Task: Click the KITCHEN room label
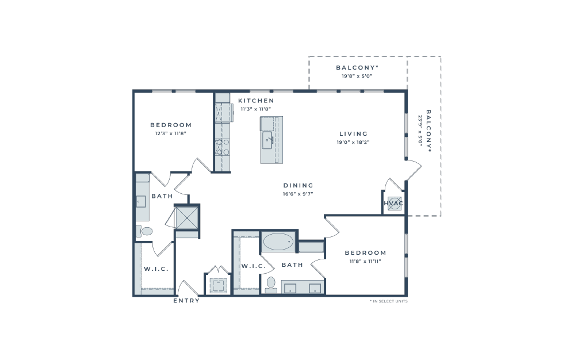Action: pos(256,101)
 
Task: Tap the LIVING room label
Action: pos(353,134)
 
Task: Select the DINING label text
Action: pos(299,186)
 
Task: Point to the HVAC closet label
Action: pos(393,204)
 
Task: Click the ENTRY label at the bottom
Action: pos(186,301)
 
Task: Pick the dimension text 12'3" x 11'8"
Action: pos(171,133)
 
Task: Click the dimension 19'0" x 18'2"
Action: pos(353,142)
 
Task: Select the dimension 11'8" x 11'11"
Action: pos(365,261)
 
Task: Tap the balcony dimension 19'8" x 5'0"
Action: pos(357,76)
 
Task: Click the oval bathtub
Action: pos(278,242)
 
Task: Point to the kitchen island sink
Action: pos(267,140)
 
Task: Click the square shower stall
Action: pos(187,218)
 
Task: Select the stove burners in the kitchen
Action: pos(223,147)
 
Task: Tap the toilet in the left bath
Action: pos(144,231)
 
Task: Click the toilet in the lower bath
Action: pos(271,285)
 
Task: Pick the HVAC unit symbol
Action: pos(394,204)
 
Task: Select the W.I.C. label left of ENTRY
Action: pos(156,269)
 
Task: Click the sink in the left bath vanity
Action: pos(141,202)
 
